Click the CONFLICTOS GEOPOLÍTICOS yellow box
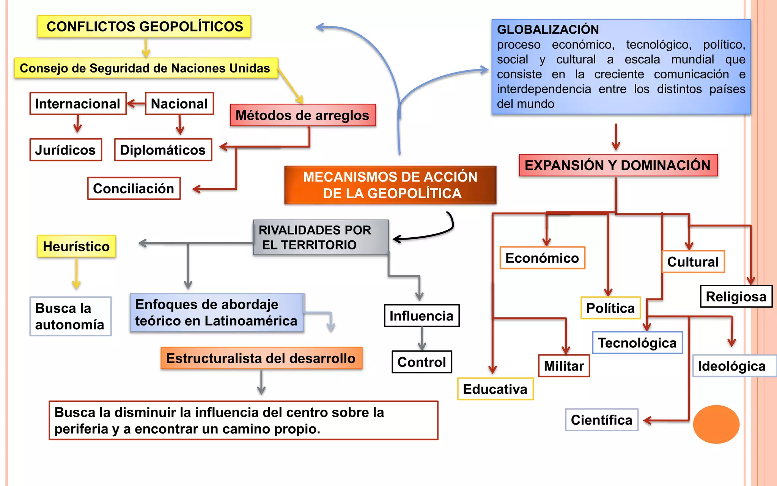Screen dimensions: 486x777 144,27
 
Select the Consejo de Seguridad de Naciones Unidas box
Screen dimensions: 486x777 146,68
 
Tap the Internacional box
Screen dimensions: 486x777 78,104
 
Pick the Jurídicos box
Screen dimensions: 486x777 66,150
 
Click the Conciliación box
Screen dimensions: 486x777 134,188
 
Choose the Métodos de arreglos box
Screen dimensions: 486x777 303,115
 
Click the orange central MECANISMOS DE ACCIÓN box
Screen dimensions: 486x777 390,185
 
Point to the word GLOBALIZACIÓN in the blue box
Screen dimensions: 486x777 548,30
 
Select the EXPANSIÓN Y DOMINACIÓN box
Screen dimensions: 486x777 618,165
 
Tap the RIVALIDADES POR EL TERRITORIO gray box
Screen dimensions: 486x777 321,237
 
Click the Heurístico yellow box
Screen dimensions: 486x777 76,246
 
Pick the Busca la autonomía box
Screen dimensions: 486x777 70,316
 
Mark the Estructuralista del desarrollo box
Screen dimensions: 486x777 261,358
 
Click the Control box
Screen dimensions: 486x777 422,362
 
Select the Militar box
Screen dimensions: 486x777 564,366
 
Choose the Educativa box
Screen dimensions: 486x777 495,389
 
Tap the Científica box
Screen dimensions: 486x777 602,420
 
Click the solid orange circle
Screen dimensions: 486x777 716,424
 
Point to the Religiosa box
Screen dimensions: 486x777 736,297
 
